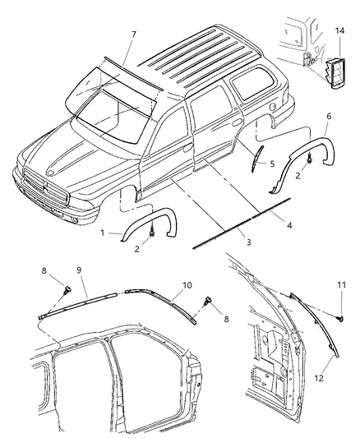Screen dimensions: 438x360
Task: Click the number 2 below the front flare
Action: tap(137, 248)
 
